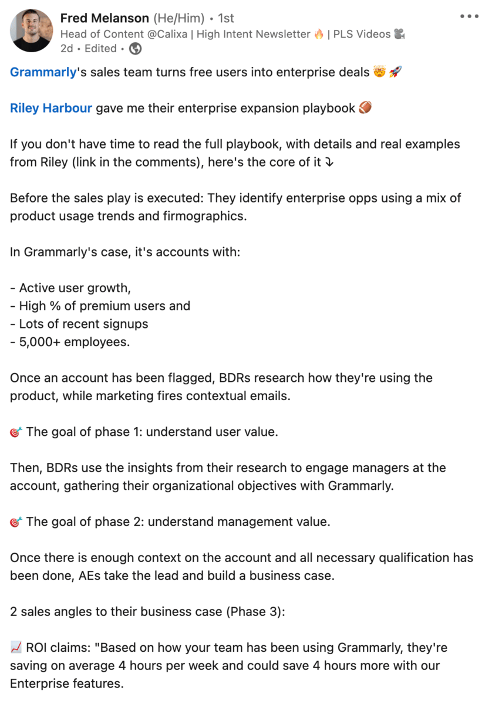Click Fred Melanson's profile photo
(x=31, y=30)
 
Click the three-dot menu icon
(x=469, y=16)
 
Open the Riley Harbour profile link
(x=51, y=109)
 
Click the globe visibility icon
(x=135, y=49)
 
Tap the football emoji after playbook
(x=365, y=109)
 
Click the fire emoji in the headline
(x=319, y=34)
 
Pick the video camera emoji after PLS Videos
(x=399, y=34)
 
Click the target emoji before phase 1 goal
(x=16, y=432)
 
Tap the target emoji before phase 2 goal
(x=16, y=522)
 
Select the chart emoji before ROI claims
(x=16, y=648)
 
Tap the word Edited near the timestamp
(x=100, y=49)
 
